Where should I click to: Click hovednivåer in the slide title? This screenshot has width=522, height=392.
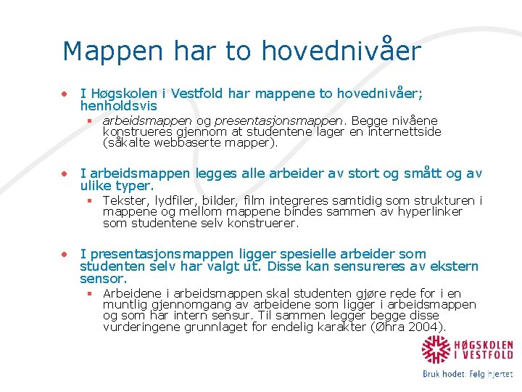(x=341, y=52)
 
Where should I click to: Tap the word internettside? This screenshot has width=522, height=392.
(x=406, y=131)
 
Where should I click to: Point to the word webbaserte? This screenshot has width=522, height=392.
(x=183, y=143)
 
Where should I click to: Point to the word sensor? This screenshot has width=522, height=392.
(x=103, y=279)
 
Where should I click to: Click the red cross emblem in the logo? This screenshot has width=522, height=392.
(x=436, y=350)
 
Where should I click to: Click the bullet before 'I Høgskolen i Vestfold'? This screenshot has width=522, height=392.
(x=65, y=94)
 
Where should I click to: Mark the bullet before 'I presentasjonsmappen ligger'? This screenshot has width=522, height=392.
(x=65, y=254)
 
